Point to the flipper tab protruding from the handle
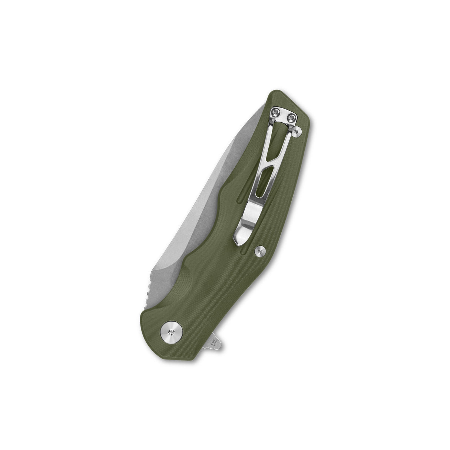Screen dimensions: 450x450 pos(218,339)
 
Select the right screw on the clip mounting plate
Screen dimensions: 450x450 pos(292,118)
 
